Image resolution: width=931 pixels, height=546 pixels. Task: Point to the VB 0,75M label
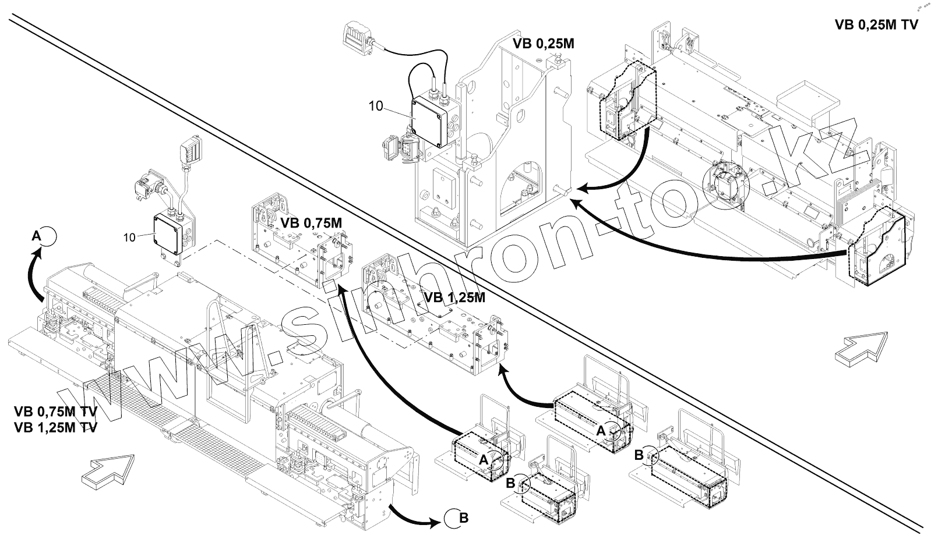(311, 223)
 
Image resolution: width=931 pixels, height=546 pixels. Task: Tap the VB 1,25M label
(454, 297)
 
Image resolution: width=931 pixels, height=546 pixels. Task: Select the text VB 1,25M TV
(55, 427)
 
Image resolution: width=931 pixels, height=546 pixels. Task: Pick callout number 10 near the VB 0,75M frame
(129, 237)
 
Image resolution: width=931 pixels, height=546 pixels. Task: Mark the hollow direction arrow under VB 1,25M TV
(108, 469)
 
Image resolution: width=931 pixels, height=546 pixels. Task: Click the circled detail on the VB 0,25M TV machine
(725, 185)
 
